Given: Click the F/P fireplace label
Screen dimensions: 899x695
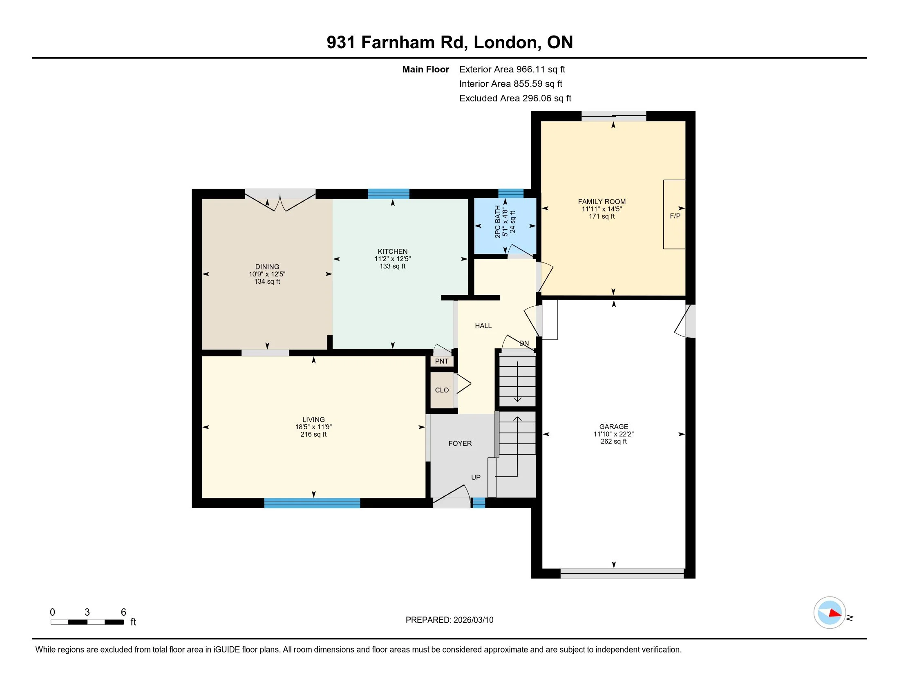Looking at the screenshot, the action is click(x=675, y=216).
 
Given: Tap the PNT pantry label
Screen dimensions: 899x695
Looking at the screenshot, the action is click(x=442, y=361).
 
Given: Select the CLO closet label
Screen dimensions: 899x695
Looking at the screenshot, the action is click(x=442, y=390).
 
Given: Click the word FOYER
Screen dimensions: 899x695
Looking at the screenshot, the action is click(x=460, y=444).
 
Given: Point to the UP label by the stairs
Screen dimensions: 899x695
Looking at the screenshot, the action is click(x=476, y=477).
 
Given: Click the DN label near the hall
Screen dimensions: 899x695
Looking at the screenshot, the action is click(x=524, y=343).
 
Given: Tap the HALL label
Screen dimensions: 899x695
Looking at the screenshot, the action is click(x=483, y=326).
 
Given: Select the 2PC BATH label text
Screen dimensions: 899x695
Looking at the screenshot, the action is click(x=498, y=222).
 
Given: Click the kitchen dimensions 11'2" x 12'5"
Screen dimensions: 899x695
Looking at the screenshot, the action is click(x=392, y=259).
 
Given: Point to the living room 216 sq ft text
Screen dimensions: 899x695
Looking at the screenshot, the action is click(x=313, y=434).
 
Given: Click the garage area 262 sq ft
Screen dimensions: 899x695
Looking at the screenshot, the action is click(x=613, y=442).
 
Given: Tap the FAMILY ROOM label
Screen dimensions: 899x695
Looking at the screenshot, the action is click(x=602, y=201).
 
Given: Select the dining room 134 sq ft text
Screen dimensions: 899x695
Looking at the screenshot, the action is click(x=267, y=282).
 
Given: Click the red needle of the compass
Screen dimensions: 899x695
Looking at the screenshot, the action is click(x=835, y=613).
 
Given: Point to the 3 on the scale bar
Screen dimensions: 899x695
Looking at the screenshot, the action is click(x=87, y=612).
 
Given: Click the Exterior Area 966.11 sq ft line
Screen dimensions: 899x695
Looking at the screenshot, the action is click(x=512, y=69).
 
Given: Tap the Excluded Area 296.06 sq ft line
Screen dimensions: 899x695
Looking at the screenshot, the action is click(x=515, y=99).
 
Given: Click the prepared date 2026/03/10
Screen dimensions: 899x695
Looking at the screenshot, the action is click(x=473, y=620).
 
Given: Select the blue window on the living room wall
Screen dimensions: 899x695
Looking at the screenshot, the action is click(x=312, y=503).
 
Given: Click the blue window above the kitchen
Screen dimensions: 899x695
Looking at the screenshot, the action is click(x=389, y=194).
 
